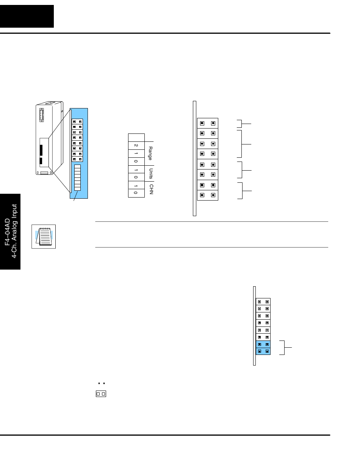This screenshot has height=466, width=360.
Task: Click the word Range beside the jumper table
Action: tap(150, 153)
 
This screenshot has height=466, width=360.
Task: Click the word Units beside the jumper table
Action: tap(150, 173)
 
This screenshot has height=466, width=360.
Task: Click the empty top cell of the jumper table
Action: tap(136, 137)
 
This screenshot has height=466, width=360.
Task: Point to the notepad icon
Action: tap(44, 236)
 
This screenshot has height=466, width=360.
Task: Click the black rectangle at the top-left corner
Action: tap(27, 16)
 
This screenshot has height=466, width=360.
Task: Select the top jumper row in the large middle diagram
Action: tap(208, 123)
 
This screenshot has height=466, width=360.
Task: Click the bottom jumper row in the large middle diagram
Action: tap(208, 195)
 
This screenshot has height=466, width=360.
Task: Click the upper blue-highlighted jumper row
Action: tap(263, 344)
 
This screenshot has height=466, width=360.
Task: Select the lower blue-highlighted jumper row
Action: tap(263, 351)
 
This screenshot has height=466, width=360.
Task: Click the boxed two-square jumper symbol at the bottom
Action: tap(100, 394)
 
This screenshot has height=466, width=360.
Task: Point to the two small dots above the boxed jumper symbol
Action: tap(100, 384)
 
